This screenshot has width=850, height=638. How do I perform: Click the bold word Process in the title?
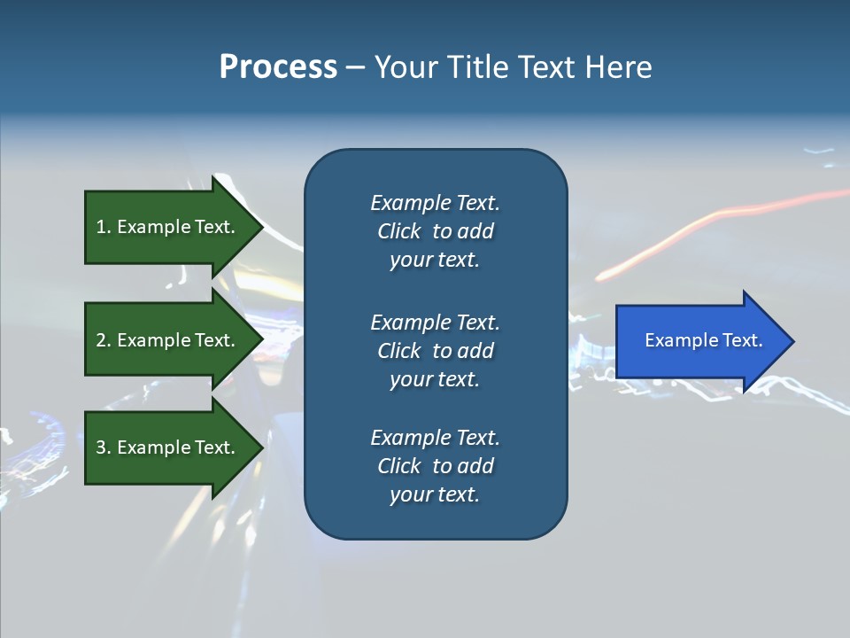(278, 67)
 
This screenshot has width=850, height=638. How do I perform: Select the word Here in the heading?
(618, 67)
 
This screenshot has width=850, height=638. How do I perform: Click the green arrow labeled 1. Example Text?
(168, 227)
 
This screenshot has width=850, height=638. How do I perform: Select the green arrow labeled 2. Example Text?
(168, 340)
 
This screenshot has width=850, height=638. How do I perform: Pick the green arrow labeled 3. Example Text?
(168, 447)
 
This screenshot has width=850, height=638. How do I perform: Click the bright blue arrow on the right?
(699, 341)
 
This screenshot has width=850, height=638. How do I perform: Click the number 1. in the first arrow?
(104, 227)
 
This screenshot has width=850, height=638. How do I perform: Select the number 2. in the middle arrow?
(104, 340)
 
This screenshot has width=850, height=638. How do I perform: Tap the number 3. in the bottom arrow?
(104, 447)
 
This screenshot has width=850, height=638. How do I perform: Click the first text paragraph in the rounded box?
(435, 231)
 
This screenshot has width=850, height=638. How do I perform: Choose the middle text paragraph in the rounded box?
(435, 351)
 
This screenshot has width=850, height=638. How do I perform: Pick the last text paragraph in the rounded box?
(435, 466)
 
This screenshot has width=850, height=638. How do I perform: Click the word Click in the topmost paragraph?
(398, 231)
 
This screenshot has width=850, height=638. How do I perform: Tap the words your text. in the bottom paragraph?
(434, 494)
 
